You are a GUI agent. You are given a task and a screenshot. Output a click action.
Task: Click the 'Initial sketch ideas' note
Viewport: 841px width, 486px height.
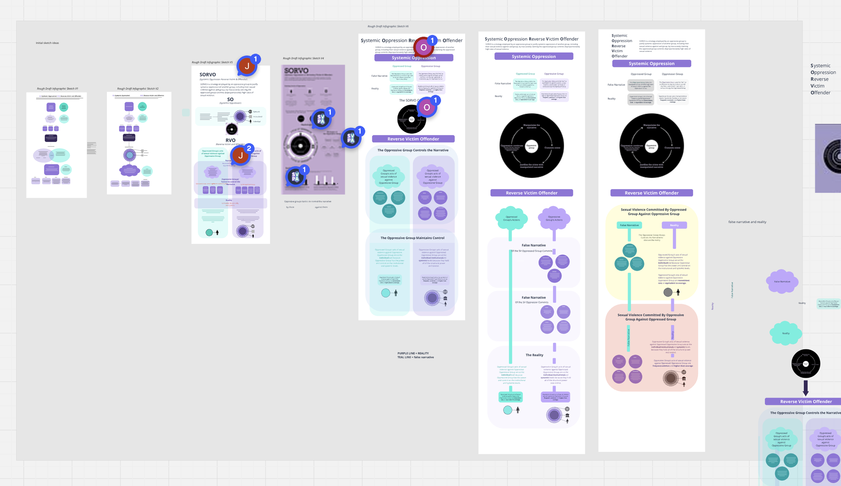pos(47,43)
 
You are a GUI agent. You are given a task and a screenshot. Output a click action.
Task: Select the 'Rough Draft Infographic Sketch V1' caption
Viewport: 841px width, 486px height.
pos(58,89)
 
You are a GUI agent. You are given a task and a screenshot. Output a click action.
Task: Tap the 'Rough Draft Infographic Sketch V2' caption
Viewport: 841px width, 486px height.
pos(138,89)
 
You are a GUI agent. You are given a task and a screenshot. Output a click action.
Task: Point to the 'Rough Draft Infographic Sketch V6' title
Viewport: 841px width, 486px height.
pos(388,26)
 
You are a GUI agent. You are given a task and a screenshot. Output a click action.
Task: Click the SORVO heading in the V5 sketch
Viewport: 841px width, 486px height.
pos(208,75)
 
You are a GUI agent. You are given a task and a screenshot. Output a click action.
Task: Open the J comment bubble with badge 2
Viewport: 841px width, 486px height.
pos(241,155)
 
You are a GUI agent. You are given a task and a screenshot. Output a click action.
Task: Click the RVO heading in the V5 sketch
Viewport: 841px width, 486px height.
pos(230,140)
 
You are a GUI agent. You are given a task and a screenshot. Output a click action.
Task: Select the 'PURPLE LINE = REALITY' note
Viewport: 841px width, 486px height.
pos(413,353)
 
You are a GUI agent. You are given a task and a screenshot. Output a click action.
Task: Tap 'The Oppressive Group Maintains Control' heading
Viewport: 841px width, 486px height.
pos(412,238)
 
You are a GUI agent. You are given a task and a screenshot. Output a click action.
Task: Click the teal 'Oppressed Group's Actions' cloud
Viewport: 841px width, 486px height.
pos(511,218)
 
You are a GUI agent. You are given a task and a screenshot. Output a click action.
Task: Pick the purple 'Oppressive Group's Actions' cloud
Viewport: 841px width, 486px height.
pos(554,218)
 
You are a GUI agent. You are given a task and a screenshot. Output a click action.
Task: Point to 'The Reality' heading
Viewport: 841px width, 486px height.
pos(534,355)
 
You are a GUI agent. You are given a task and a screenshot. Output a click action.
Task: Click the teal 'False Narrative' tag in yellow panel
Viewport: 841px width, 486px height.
pos(629,225)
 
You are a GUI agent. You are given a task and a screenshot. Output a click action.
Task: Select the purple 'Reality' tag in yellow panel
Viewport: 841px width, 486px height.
pos(674,225)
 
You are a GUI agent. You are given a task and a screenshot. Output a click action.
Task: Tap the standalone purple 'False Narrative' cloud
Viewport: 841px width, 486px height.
pos(782,281)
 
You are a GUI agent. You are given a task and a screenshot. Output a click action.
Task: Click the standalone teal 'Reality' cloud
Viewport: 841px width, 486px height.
pos(785,333)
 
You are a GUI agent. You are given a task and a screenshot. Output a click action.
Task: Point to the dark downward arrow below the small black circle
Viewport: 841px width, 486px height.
pos(805,388)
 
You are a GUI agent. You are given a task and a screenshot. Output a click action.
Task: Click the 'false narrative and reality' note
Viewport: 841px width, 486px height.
pos(747,222)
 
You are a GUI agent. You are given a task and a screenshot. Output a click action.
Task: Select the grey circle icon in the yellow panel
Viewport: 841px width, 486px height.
pos(668,292)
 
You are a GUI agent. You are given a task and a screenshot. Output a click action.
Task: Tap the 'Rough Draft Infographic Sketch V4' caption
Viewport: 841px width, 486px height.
pos(303,58)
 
